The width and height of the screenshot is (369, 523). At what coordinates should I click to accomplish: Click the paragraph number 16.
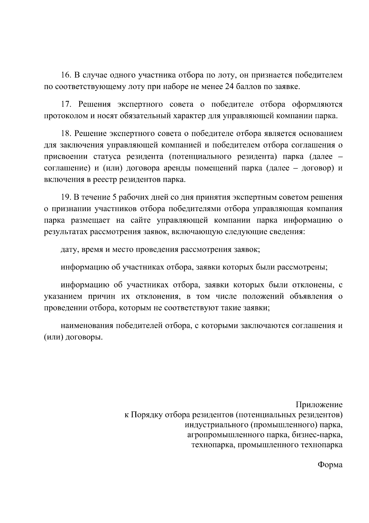[66, 75]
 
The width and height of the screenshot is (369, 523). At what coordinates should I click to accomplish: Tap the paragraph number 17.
[66, 104]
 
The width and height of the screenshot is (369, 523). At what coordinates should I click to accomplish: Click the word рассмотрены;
[303, 267]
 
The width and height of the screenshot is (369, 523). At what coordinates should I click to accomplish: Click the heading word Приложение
[319, 404]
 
